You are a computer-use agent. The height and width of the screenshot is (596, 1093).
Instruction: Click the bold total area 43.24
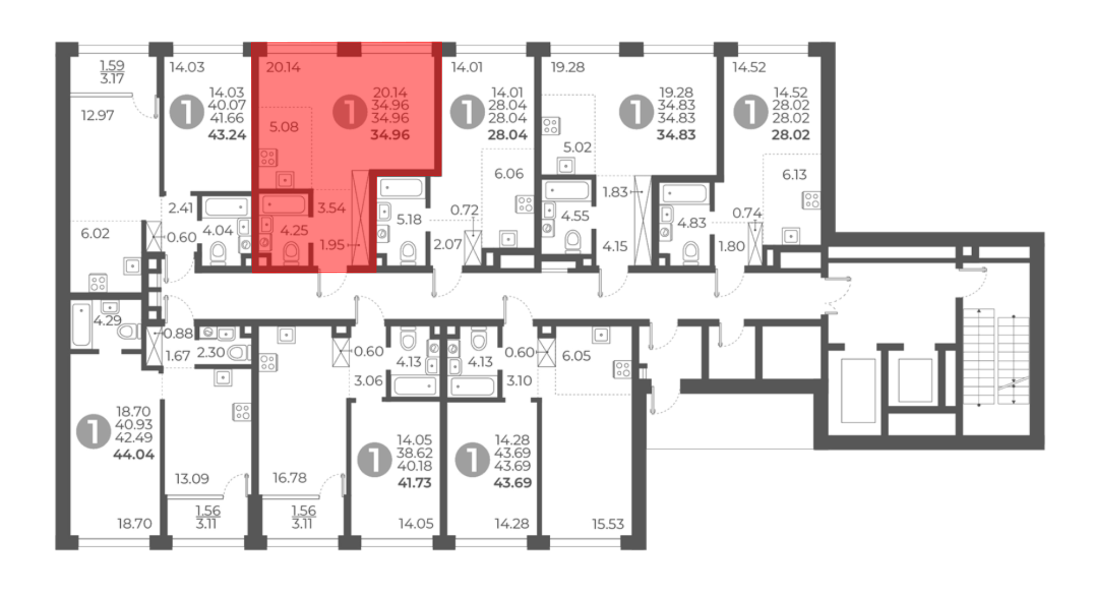[x=227, y=135]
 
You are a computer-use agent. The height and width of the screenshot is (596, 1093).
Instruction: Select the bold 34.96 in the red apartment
[x=390, y=135]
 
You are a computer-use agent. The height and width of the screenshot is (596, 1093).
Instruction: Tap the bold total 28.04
[x=507, y=135]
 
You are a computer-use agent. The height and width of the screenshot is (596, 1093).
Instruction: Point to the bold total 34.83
[x=676, y=135]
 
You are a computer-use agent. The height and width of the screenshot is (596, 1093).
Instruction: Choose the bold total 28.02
[x=790, y=135]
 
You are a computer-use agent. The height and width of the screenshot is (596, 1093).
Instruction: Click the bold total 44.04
[x=133, y=454]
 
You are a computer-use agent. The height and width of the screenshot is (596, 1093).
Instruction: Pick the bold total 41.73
[x=414, y=483]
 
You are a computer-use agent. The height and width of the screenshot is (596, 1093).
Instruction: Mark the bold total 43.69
[x=512, y=483]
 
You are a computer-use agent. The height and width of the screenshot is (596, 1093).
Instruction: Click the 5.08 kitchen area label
[x=284, y=127]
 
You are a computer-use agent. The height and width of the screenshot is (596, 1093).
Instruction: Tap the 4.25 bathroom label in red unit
[x=294, y=230]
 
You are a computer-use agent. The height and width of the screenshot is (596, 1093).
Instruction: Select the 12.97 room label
[x=97, y=115]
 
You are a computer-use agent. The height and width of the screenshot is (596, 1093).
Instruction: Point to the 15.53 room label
[x=608, y=524]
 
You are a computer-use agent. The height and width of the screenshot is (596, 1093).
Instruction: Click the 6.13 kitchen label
[x=794, y=174]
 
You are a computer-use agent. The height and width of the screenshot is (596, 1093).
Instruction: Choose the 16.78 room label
[x=290, y=478]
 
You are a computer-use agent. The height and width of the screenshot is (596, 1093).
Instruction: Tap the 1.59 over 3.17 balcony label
[x=112, y=72]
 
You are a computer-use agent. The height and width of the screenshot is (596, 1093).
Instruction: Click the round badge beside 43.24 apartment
[x=187, y=112]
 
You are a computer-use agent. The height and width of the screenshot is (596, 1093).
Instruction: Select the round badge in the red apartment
[x=350, y=112]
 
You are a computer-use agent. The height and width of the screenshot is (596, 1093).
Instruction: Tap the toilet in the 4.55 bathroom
[x=573, y=241]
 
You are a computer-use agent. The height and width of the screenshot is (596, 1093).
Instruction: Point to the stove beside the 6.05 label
[x=622, y=369]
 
